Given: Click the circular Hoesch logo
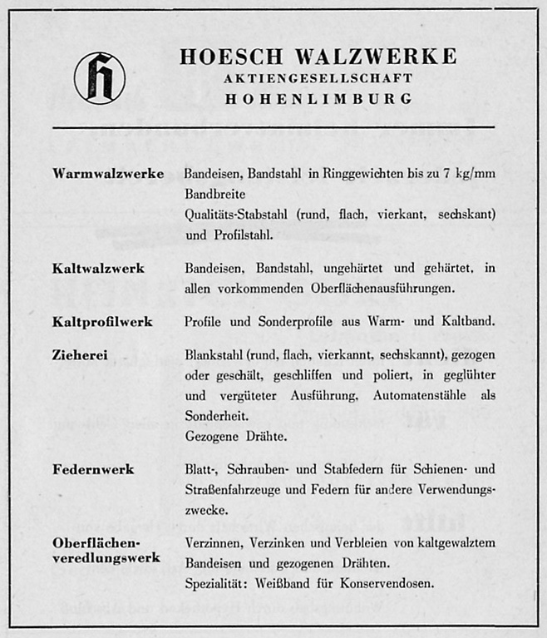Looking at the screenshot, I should [100, 77].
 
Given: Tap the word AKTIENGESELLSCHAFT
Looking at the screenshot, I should [318, 78].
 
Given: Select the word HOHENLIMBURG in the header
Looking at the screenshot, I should [318, 98].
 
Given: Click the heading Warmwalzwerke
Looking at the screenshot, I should [108, 173].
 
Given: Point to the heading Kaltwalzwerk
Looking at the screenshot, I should [98, 268].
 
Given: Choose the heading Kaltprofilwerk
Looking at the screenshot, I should [102, 321].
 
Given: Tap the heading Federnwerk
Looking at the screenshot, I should [93, 469].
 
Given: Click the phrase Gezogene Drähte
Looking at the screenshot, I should [236, 436].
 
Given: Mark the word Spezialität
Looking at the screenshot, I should [215, 583].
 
